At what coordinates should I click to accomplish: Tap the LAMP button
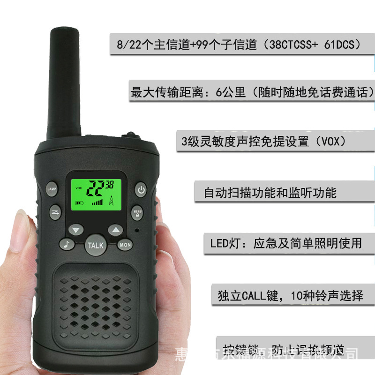click(x=52, y=188)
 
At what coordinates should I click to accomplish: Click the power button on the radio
click(x=142, y=189)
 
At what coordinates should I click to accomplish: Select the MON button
click(x=125, y=245)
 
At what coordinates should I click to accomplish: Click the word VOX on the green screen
click(x=78, y=187)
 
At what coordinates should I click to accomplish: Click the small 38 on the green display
click(x=110, y=184)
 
